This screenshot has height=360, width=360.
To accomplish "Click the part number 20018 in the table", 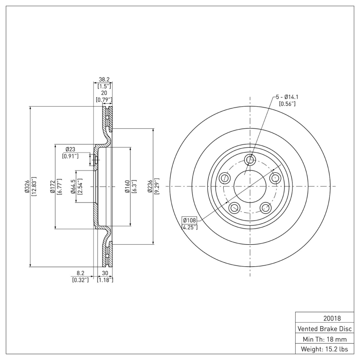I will click(x=323, y=318).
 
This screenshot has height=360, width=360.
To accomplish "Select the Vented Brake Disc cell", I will click(x=323, y=328).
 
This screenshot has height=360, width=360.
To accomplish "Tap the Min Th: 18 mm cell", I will click(x=323, y=338).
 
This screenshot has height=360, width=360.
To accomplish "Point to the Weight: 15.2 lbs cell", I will click(x=323, y=349).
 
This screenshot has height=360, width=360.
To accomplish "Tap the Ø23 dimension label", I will click(x=70, y=149).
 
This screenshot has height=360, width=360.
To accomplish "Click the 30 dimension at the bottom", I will click(x=105, y=273).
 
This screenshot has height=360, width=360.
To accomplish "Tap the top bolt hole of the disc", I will click(x=251, y=159).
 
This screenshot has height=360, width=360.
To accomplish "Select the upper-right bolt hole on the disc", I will click(x=275, y=178).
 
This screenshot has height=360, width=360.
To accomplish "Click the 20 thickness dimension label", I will click(x=103, y=92).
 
